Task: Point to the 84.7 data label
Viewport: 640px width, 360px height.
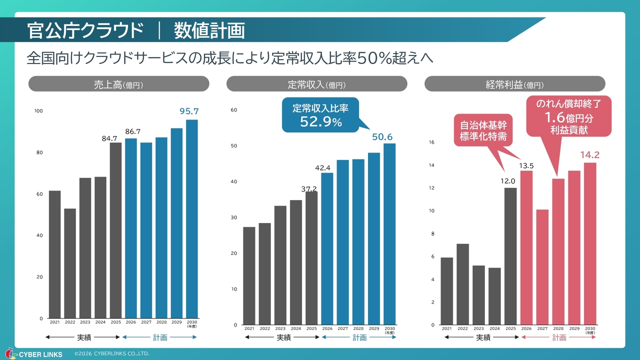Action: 109,138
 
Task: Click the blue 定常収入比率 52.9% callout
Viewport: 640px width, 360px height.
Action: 320,115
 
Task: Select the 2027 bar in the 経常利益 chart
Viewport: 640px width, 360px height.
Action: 542,267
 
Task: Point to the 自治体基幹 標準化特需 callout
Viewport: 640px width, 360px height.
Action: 483,130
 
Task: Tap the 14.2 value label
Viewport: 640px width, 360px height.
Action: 589,155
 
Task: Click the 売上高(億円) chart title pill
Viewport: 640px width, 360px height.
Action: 118,84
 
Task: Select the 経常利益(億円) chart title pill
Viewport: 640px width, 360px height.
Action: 514,84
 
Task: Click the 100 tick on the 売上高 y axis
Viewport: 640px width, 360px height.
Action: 38,111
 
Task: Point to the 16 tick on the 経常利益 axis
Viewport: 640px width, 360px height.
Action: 431,142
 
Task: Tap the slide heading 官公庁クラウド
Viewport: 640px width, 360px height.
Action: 85,30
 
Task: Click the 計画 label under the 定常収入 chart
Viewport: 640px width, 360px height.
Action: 359,337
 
